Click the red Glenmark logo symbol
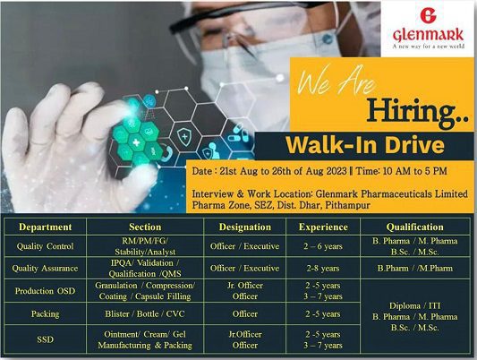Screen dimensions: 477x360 coord(428,15)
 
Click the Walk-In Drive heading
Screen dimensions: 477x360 coord(365,145)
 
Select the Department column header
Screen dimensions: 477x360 coord(46,227)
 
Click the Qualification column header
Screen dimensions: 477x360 coord(415,227)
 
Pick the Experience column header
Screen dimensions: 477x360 coord(323,227)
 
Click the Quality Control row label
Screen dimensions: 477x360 coord(45,246)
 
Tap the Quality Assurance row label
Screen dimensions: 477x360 coord(45,269)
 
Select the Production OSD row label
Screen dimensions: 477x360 coord(45,291)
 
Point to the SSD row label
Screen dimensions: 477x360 coord(45,339)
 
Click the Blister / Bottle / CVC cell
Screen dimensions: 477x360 coord(145,313)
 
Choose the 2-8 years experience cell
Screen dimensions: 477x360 coord(323,269)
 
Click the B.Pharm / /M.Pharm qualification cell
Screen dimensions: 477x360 coord(415,269)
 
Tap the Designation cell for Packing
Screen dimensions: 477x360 coord(245,313)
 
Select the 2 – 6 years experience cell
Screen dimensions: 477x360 coord(323,246)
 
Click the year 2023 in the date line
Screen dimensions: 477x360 coord(336,171)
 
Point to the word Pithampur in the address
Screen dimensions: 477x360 coord(348,205)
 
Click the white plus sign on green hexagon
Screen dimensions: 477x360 coord(136,142)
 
